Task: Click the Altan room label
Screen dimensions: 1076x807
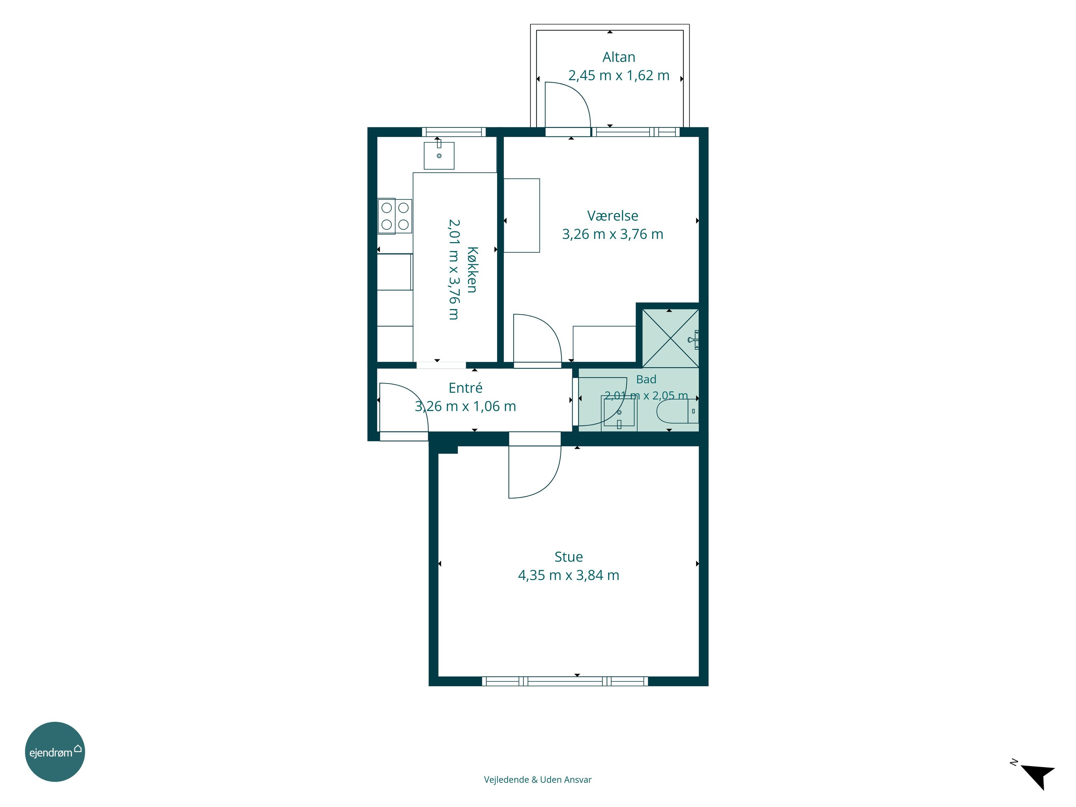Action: pos(619,57)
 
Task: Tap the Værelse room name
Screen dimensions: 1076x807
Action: pos(613,216)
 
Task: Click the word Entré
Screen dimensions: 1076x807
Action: pos(466,388)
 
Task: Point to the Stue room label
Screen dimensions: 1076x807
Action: pos(568,557)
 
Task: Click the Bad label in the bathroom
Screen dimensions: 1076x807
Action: pos(646,379)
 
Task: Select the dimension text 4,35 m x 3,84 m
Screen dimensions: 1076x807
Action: pos(568,575)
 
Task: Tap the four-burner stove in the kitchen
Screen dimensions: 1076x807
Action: pos(395,216)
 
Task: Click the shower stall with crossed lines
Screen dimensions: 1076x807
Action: pos(670,338)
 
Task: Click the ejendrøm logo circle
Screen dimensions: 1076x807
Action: pos(55,751)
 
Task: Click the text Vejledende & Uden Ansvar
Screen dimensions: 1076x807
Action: pos(538,779)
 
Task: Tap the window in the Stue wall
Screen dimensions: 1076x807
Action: pos(565,681)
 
